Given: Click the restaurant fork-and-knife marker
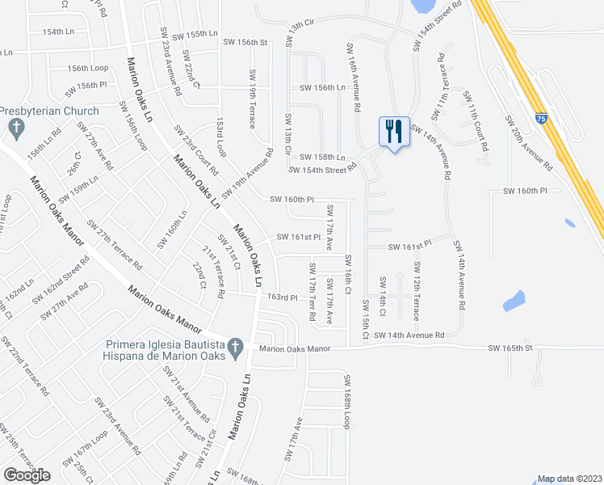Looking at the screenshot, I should point(394,131).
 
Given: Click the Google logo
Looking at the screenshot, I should point(27,475).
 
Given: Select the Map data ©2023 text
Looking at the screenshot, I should point(569,479).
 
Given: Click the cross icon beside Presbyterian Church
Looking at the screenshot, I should point(15,127).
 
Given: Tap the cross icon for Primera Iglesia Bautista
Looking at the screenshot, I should point(235,347).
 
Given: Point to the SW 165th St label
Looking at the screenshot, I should point(510,348).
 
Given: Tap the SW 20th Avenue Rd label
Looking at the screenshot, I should point(530,143).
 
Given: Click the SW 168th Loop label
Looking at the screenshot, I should point(348,402).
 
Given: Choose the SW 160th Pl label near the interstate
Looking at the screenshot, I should point(525,191).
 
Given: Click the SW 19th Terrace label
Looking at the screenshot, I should point(253,99).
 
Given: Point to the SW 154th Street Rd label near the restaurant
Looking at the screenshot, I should point(323,169).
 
